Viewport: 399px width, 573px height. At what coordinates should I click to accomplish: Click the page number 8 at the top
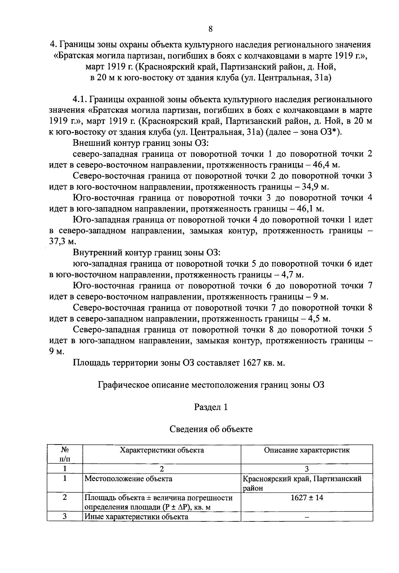click(x=210, y=29)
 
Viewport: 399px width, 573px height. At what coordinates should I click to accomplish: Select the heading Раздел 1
click(x=211, y=407)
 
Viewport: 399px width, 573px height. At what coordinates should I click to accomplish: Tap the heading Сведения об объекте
click(x=211, y=429)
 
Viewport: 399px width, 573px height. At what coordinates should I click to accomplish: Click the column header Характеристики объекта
click(x=162, y=450)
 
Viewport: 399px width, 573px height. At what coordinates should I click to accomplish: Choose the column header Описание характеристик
click(x=307, y=450)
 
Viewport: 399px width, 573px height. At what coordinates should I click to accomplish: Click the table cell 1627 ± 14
click(x=307, y=498)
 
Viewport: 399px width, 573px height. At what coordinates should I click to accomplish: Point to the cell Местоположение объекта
click(x=128, y=479)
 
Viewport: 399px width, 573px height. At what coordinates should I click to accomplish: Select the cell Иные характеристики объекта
click(x=136, y=517)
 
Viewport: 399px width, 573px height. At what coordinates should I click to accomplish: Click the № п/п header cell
click(x=65, y=454)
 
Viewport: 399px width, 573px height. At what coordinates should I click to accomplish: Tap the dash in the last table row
click(x=307, y=517)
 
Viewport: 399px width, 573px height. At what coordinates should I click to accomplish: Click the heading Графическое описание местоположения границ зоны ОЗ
click(x=211, y=385)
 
